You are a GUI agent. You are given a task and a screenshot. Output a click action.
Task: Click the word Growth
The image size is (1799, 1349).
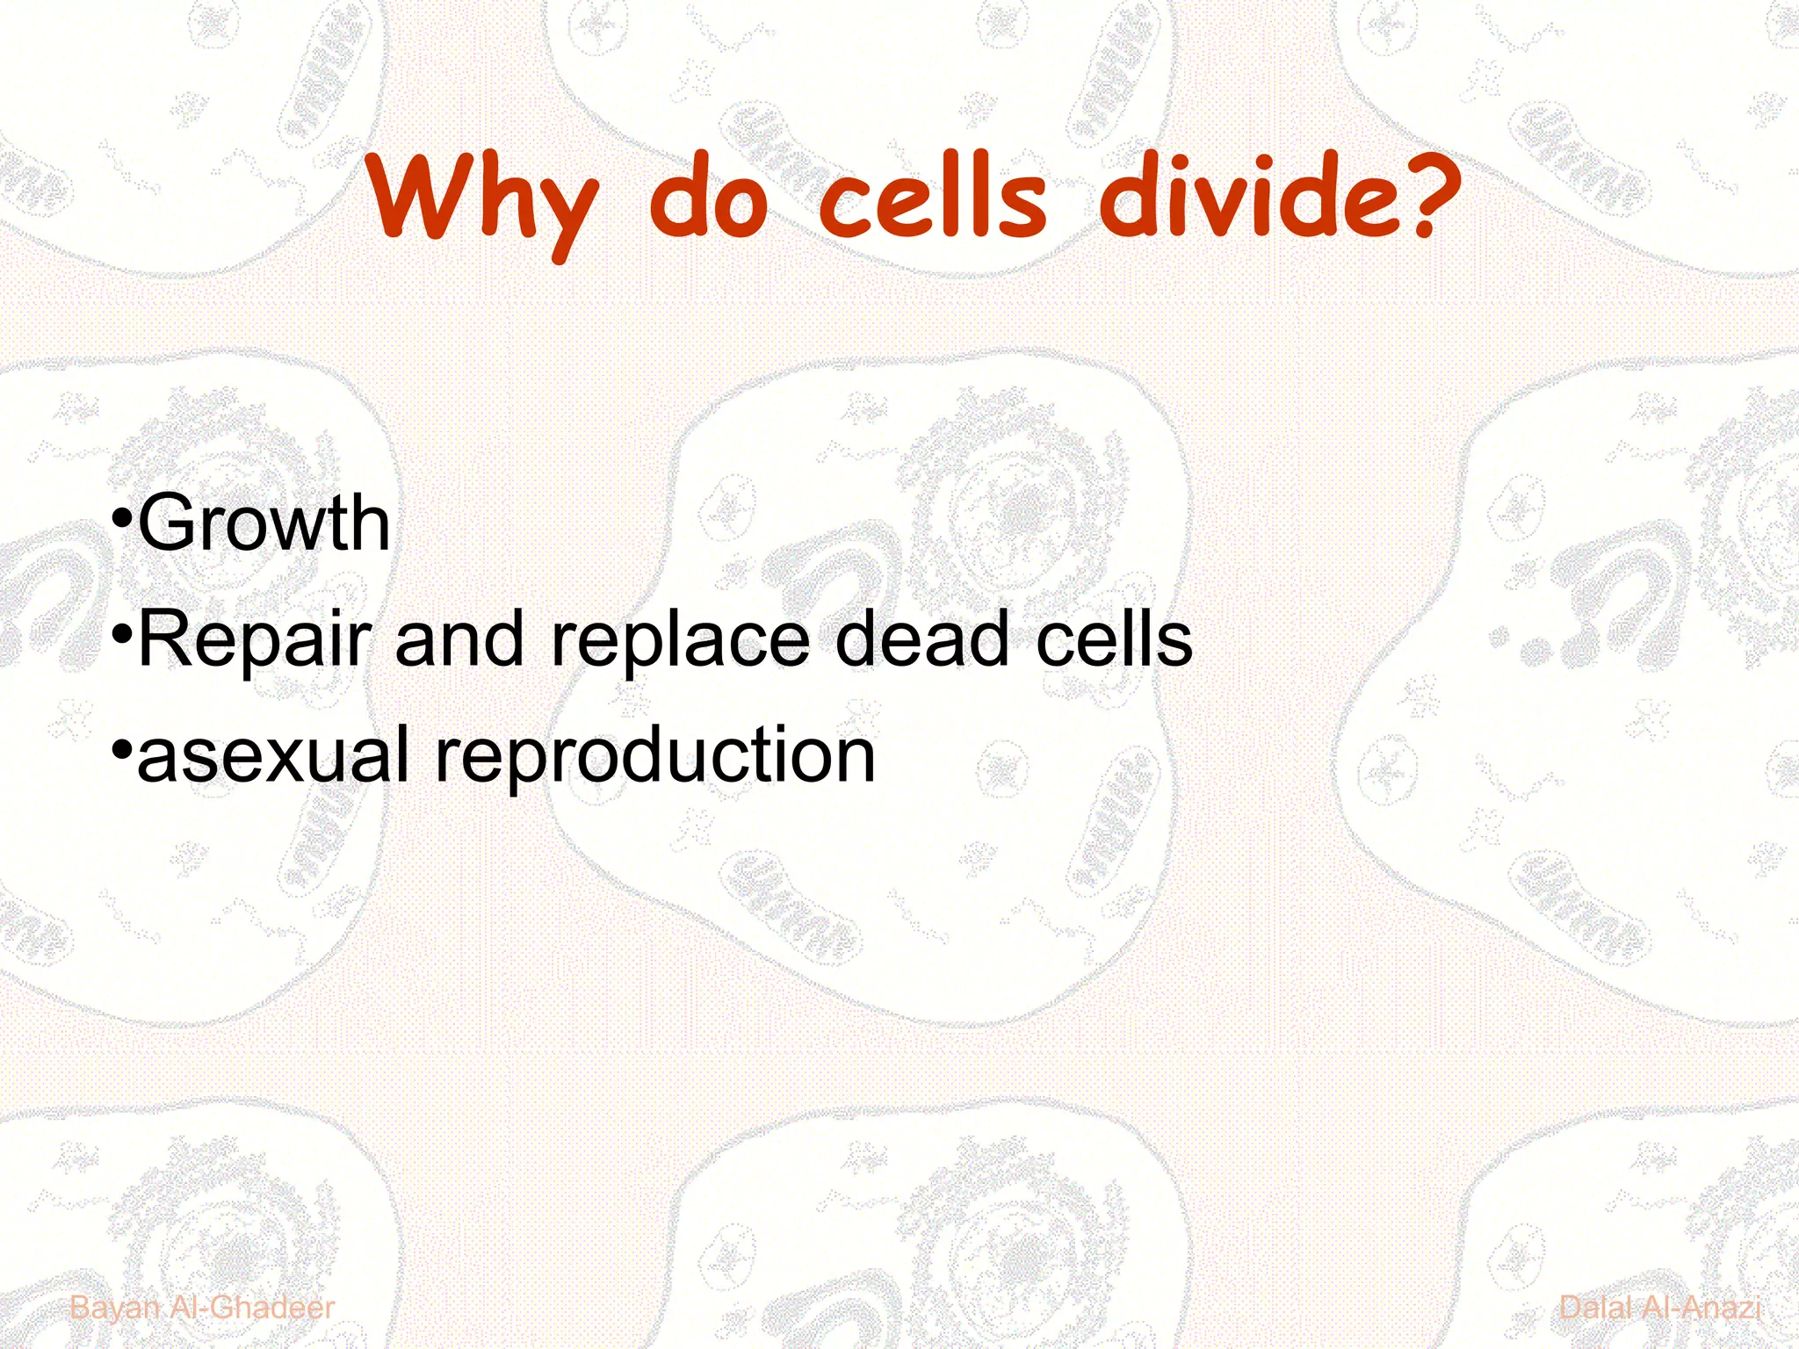pos(264,523)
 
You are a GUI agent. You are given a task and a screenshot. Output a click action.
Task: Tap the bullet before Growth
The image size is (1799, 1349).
pos(123,518)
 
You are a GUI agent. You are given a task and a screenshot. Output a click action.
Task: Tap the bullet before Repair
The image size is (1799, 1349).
pos(123,634)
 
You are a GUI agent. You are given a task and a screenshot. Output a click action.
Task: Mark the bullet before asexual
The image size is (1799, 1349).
pos(123,751)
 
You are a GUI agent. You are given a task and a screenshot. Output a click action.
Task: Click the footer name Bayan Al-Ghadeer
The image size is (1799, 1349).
pos(202,1308)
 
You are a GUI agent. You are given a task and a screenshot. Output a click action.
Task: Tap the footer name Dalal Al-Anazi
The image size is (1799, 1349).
pos(1659,1308)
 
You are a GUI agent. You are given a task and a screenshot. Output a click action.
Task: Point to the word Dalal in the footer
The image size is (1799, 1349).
pos(1594,1308)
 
